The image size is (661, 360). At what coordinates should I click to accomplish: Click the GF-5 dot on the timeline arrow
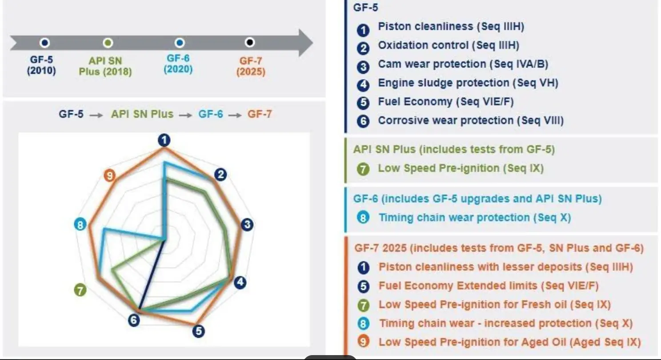[44, 43]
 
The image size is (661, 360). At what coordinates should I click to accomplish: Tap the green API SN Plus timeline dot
[108, 43]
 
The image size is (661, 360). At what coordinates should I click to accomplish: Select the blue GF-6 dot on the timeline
[180, 43]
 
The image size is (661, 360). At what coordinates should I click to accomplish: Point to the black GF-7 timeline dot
[250, 43]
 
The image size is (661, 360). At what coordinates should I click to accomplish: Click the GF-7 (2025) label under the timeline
[251, 66]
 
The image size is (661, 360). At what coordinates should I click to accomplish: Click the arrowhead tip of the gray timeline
[313, 43]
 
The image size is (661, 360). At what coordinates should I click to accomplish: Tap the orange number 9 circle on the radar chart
[109, 176]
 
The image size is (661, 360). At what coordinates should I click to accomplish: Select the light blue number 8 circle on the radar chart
[80, 225]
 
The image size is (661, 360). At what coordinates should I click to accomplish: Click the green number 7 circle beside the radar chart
[80, 290]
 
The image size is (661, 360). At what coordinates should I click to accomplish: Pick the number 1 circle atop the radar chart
[164, 140]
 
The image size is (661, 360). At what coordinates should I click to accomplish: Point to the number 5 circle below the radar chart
[198, 331]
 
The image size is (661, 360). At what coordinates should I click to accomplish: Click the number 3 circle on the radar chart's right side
[247, 224]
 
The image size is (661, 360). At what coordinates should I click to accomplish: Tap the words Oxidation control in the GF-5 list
[423, 45]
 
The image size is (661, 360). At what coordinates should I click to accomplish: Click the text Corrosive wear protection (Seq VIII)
[471, 120]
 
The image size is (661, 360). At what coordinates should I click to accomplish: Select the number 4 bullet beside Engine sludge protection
[363, 85]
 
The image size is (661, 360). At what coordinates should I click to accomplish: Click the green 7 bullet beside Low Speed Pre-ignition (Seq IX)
[363, 169]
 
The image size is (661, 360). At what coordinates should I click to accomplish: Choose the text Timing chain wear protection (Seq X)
[475, 217]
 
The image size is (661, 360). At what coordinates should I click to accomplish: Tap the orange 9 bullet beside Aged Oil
[363, 342]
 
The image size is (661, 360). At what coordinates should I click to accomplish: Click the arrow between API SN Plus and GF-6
[185, 115]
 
